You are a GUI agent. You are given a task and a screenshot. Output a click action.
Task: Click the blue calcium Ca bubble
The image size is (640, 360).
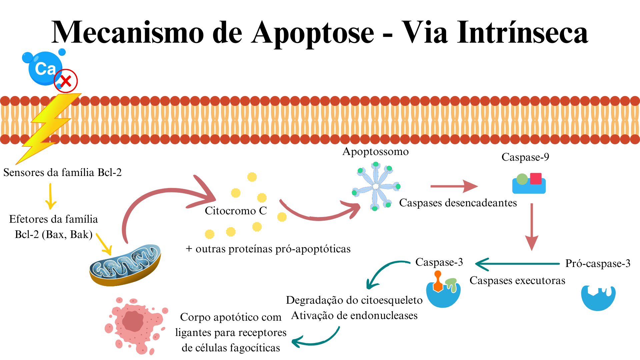(44, 68)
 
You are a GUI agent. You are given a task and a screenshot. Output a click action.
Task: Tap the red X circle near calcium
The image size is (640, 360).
(66, 81)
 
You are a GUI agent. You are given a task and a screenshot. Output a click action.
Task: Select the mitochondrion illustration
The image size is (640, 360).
(125, 265)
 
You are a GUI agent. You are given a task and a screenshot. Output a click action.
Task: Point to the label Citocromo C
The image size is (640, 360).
(236, 211)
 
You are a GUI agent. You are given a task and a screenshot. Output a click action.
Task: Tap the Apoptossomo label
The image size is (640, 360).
(375, 152)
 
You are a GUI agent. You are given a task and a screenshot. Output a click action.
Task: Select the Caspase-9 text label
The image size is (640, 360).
(525, 157)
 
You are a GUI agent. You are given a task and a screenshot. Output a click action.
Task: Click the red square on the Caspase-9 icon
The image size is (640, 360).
(536, 179)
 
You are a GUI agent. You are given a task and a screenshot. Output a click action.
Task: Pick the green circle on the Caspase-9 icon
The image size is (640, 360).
(522, 179)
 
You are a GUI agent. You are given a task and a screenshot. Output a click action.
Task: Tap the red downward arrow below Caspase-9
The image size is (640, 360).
(532, 227)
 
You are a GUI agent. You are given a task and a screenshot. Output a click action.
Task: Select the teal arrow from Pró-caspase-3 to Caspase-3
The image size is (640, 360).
(517, 264)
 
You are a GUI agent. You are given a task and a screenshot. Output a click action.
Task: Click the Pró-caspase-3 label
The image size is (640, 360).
(598, 264)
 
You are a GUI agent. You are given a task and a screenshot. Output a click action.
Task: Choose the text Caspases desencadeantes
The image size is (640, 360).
(458, 203)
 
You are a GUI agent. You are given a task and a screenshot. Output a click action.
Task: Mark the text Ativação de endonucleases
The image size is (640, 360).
(354, 315)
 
